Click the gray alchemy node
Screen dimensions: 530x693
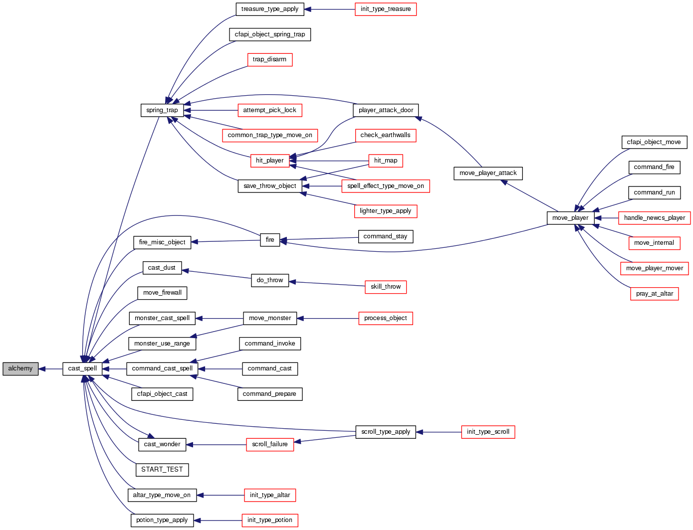[20, 369]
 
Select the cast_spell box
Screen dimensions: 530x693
[82, 369]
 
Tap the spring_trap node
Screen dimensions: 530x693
[162, 110]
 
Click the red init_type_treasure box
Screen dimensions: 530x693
[386, 9]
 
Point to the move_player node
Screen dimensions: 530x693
[570, 218]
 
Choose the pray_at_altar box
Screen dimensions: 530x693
[654, 294]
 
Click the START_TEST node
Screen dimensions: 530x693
[162, 470]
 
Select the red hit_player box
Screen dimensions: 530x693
[269, 161]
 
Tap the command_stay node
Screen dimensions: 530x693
[385, 236]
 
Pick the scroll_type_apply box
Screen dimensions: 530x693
[386, 432]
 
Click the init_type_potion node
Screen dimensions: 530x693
[270, 520]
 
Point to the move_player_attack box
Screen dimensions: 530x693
[488, 173]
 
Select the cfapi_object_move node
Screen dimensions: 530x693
[654, 142]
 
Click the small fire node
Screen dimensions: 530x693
[270, 240]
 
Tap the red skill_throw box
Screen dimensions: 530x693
[386, 287]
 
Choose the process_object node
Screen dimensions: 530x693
[386, 318]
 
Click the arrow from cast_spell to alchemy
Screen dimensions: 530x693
[50, 369]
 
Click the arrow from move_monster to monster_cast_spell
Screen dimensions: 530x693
[219, 318]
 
